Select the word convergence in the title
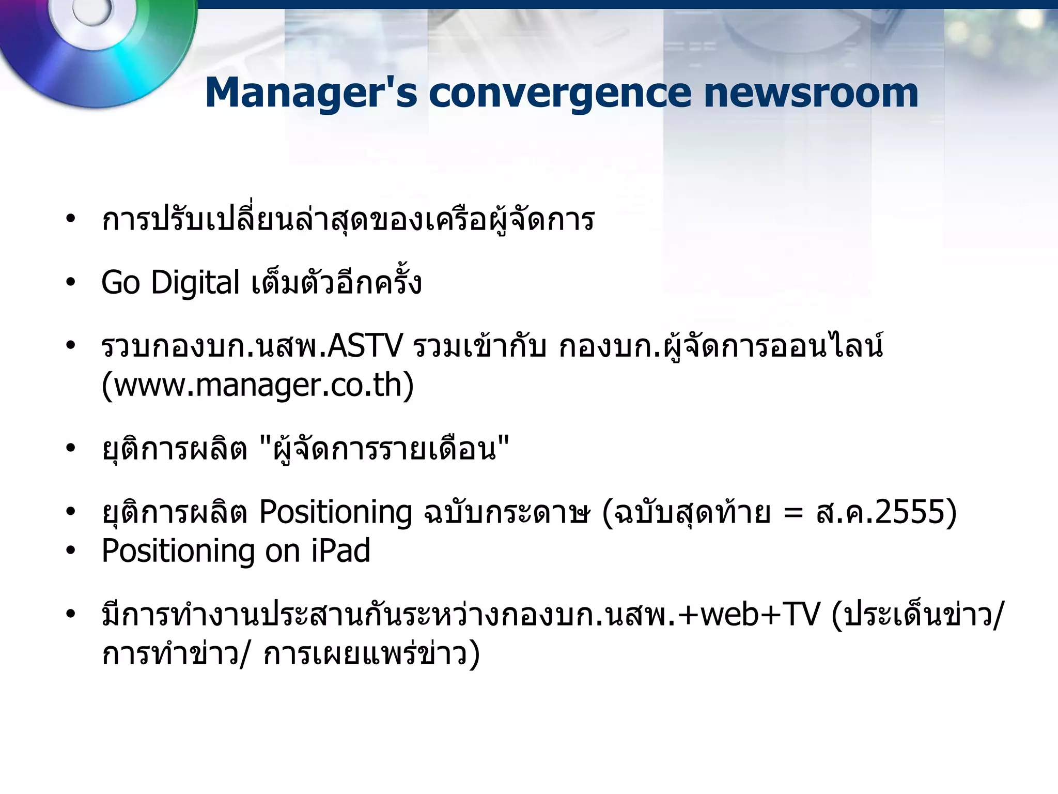point(560,93)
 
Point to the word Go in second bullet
point(120,283)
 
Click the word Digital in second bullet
point(195,283)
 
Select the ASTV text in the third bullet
point(365,346)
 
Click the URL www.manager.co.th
point(258,385)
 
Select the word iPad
point(341,551)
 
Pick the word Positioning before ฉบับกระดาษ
point(335,512)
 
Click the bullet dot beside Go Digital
point(71,283)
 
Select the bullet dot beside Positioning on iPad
point(71,551)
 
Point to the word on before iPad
point(283,552)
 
